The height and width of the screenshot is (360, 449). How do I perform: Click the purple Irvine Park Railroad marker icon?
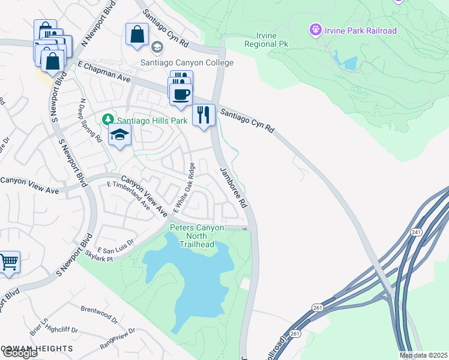coord(315,29)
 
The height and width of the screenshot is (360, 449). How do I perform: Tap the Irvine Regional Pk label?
coord(261,40)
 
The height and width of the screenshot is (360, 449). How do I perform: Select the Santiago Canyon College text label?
coord(187,62)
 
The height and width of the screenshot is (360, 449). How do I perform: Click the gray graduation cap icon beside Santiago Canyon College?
coord(157,47)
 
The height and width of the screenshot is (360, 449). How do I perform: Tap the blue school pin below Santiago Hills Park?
coord(120,135)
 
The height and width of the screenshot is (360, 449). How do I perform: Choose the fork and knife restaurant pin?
coord(203,115)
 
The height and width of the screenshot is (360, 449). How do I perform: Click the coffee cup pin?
coord(181,94)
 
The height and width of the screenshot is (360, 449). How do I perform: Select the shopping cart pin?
coord(8,262)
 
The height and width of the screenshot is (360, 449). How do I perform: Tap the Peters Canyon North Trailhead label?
coord(196,236)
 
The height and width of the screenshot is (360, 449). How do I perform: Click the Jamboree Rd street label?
coord(234,187)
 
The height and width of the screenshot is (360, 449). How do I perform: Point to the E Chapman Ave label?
coord(104,70)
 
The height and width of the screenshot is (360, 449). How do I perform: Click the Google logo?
coord(19,353)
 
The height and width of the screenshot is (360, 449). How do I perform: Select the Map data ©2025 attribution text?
coord(423,355)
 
